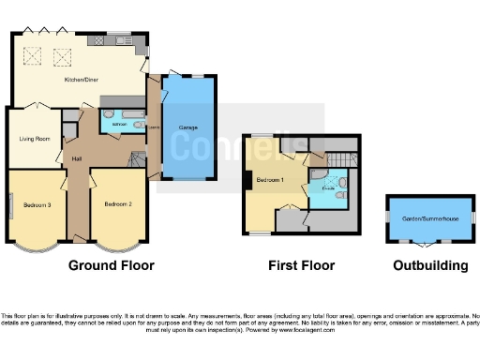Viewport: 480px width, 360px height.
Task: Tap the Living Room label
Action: pyautogui.click(x=35, y=139)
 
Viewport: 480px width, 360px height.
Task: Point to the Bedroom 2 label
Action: pyautogui.click(x=117, y=203)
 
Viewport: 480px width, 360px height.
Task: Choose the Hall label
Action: pyautogui.click(x=77, y=158)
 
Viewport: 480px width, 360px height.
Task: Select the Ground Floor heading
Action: pyautogui.click(x=111, y=265)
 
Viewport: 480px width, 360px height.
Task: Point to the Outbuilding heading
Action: pyautogui.click(x=429, y=265)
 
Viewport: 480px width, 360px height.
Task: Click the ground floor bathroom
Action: pyautogui.click(x=121, y=124)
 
